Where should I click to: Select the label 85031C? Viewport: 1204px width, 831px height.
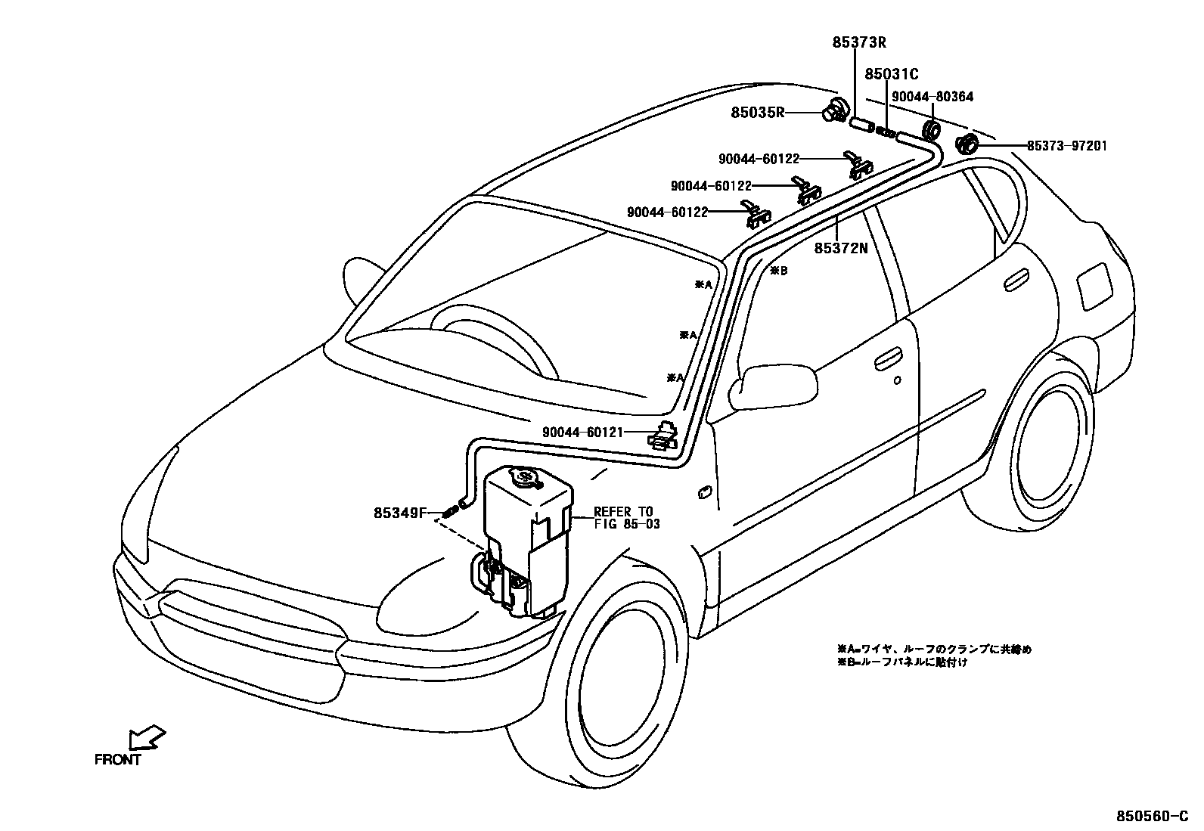(x=891, y=73)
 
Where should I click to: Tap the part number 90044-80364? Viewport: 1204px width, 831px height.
(x=932, y=96)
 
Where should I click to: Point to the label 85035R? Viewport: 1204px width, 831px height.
(x=757, y=113)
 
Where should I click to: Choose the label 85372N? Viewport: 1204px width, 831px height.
(x=841, y=247)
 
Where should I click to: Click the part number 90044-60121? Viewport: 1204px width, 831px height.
(x=582, y=433)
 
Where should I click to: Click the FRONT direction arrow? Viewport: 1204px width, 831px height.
(x=147, y=737)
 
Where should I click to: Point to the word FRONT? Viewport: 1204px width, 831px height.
(x=118, y=760)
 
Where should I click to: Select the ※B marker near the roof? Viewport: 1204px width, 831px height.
(x=778, y=271)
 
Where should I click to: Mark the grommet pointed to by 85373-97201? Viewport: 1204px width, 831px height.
(x=967, y=144)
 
